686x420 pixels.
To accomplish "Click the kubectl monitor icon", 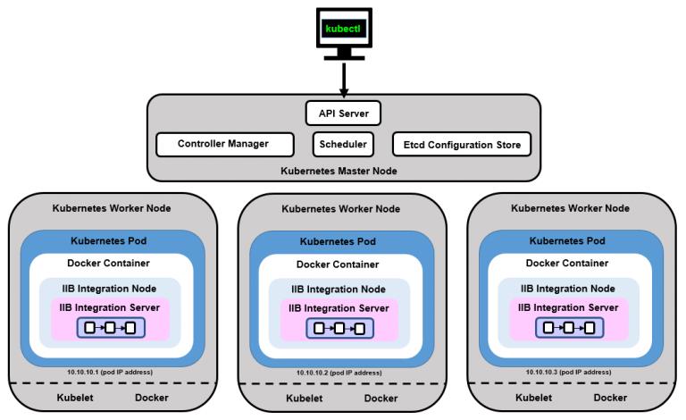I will tap(344, 32).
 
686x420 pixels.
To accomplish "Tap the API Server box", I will tap(344, 113).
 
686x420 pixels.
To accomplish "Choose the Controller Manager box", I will tap(223, 144).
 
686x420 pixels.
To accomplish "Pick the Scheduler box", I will tap(344, 144).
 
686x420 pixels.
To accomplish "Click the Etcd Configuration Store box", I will tap(462, 144).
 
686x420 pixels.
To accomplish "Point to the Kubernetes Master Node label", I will tap(344, 170).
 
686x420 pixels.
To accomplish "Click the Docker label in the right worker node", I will tap(610, 397).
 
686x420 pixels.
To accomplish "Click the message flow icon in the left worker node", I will tap(113, 327).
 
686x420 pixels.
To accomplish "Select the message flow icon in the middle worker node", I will tap(342, 329).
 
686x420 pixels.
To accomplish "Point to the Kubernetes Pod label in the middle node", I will tap(342, 242).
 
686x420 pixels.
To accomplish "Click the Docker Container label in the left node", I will tap(109, 263).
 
